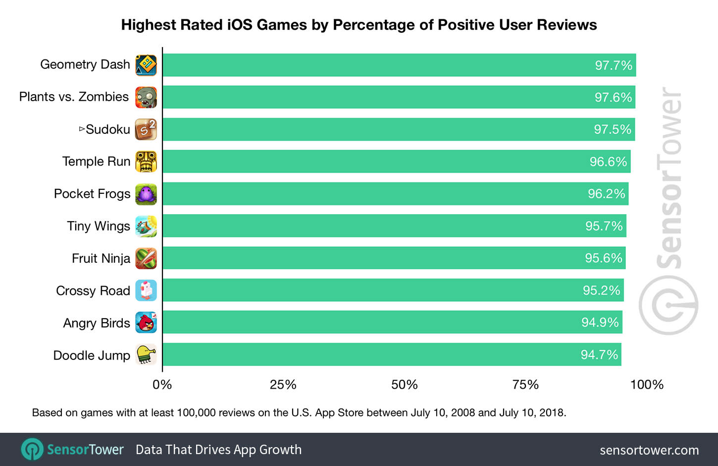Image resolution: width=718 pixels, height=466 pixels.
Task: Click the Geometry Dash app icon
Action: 146,65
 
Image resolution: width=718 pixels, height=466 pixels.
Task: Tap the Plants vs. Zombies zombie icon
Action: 146,97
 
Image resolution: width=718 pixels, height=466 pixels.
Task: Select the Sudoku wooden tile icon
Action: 146,129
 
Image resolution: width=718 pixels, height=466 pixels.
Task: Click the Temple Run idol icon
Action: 146,162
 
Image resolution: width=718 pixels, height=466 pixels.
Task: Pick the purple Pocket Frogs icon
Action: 146,194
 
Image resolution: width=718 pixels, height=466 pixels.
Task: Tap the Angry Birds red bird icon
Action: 146,323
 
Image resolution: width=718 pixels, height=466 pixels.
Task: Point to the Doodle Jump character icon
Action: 146,355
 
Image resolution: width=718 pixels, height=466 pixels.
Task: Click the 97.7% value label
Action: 614,65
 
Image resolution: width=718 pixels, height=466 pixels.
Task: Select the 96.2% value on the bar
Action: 606,194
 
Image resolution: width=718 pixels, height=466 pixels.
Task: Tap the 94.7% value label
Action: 599,355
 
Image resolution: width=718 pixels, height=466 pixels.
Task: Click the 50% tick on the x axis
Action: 404,385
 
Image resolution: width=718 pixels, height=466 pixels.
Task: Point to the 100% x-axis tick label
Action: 647,385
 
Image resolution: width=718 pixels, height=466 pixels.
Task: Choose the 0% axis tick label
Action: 162,385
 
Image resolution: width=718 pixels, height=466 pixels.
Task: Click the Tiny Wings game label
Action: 99,226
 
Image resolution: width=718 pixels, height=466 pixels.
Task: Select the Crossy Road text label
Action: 93,291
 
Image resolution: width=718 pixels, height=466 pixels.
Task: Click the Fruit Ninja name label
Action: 101,258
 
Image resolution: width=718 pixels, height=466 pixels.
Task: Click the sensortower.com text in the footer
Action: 649,450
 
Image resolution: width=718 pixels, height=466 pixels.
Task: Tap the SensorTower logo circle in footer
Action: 33,449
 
